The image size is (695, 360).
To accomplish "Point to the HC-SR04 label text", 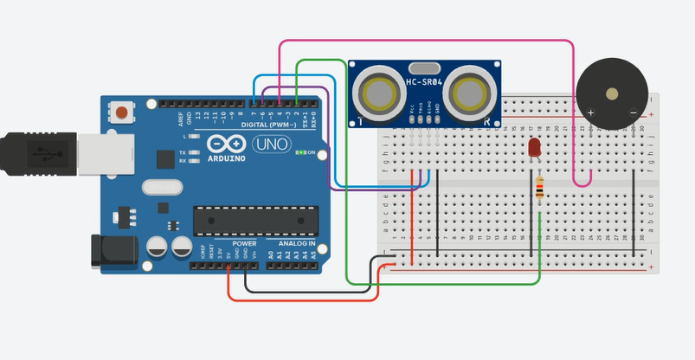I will pyautogui.click(x=424, y=82).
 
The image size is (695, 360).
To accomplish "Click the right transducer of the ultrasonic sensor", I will pyautogui.click(x=470, y=92).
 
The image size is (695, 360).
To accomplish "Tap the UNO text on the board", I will pyautogui.click(x=272, y=145).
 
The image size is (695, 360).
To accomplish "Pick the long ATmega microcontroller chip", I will pyautogui.click(x=251, y=221).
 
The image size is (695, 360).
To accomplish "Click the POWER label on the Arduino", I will pyautogui.click(x=244, y=244).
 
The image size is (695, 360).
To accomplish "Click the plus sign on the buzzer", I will pyautogui.click(x=591, y=113).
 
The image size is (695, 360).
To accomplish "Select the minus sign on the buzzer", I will pyautogui.click(x=634, y=113).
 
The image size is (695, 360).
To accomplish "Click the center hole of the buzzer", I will pyautogui.click(x=613, y=93).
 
